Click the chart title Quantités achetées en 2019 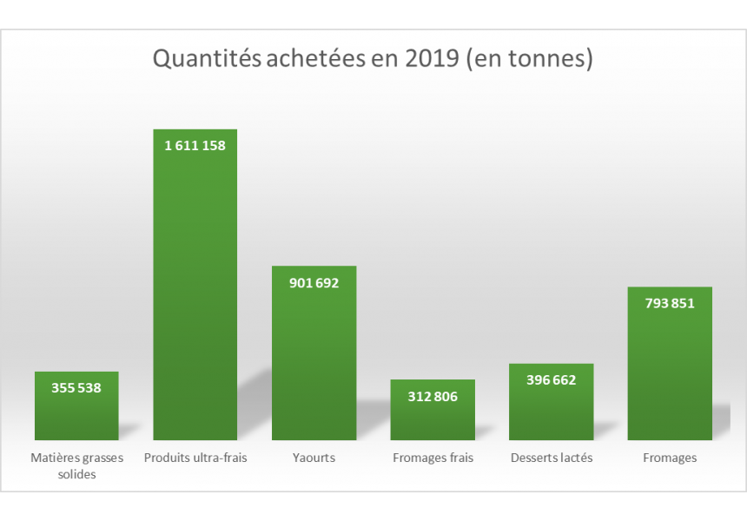tap(373, 59)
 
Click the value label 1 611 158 tap(195, 146)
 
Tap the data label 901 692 tap(314, 282)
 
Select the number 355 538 tap(76, 388)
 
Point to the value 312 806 tap(433, 397)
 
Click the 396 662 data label tap(551, 380)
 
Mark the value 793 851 tap(670, 304)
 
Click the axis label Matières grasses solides tap(76, 465)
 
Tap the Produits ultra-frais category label tap(195, 458)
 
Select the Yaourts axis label tap(314, 458)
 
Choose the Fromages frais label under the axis tap(433, 458)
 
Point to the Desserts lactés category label tap(551, 458)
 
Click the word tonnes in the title tap(551, 59)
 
